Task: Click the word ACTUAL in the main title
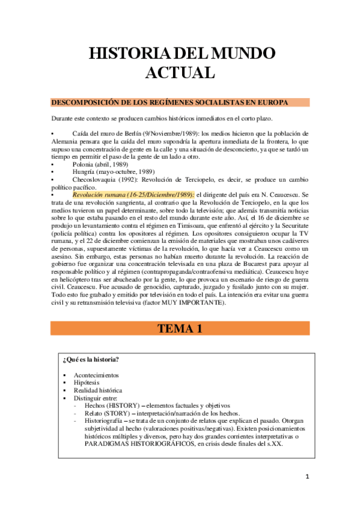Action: point(180,73)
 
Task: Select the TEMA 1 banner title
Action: point(180,328)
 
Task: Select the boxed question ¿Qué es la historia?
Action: point(90,360)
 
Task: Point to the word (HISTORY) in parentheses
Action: point(118,405)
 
